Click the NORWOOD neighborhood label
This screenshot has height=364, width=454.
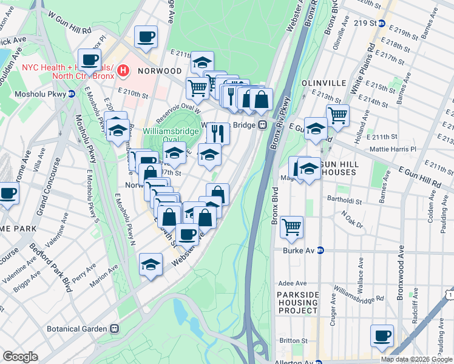[x=157, y=71]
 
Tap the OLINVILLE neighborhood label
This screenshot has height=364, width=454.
[x=322, y=83]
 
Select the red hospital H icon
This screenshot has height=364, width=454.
[x=124, y=71]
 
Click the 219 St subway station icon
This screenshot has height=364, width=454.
[x=382, y=24]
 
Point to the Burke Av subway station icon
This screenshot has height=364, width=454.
[x=321, y=250]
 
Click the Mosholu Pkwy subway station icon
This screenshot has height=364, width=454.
[x=71, y=94]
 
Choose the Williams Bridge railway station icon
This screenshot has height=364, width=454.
[x=262, y=125]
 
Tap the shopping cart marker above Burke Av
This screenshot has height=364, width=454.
[x=292, y=226]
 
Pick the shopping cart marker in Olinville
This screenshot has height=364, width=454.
[x=337, y=115]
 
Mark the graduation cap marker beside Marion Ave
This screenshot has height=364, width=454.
[x=151, y=264]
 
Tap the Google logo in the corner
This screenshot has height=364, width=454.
[x=20, y=357]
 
